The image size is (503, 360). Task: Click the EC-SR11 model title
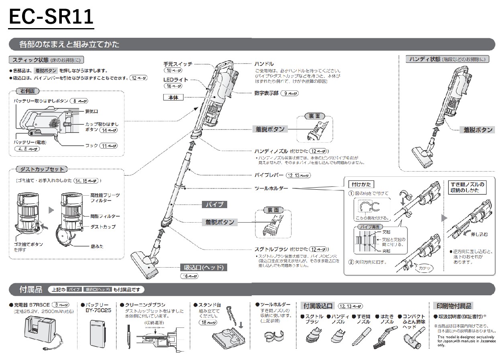click(51, 17)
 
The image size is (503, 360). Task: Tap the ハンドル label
click(264, 64)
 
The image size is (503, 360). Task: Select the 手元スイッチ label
click(178, 64)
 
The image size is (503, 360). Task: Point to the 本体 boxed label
click(173, 97)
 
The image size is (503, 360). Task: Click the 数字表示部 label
click(266, 93)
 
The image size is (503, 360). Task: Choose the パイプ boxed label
click(214, 205)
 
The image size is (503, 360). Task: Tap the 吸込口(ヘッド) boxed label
click(204, 267)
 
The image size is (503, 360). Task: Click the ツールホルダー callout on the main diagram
click(271, 188)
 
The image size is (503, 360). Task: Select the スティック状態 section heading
click(28, 60)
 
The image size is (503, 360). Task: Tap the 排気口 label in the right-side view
click(92, 111)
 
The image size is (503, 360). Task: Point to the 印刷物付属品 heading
click(452, 306)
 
